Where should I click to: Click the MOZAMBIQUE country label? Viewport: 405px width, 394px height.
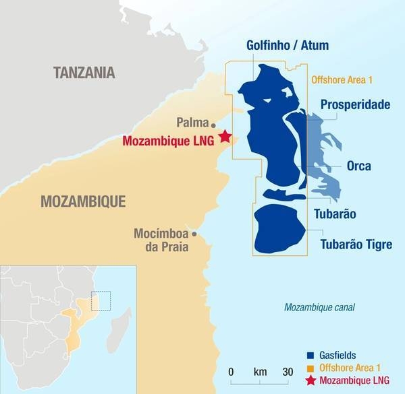coord(84,201)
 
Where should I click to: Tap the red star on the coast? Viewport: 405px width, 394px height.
coord(225,137)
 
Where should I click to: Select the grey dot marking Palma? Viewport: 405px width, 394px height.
coord(214,125)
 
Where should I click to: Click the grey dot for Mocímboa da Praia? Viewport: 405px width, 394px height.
coord(194,234)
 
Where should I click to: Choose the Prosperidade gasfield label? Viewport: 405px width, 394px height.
coord(356,105)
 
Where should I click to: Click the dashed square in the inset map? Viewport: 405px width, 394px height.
coord(101,300)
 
